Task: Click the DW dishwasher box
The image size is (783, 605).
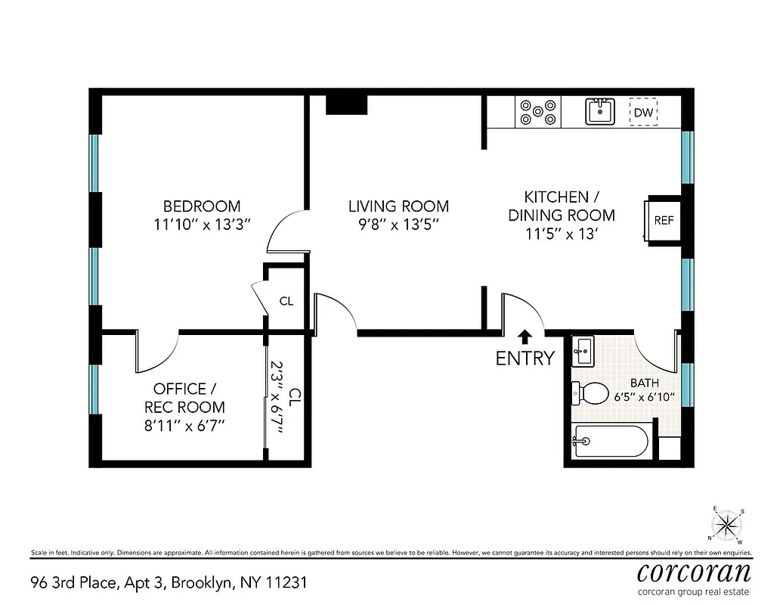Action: click(643, 113)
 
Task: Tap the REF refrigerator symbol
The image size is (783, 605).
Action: click(663, 221)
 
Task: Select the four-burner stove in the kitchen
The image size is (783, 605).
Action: click(538, 113)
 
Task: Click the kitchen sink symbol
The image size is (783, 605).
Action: click(602, 111)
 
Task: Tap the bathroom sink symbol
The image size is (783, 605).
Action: click(582, 349)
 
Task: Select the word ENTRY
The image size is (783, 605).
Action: click(525, 358)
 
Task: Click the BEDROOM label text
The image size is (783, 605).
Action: click(202, 206)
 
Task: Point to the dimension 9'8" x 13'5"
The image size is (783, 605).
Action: click(398, 225)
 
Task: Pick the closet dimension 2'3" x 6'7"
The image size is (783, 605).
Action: click(277, 398)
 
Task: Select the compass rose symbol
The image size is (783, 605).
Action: click(727, 524)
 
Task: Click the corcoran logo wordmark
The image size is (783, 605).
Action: click(694, 569)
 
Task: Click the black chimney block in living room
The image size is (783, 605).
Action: click(346, 104)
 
